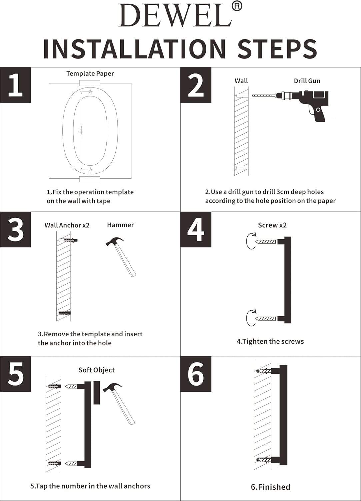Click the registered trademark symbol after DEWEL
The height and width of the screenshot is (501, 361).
pos(237,6)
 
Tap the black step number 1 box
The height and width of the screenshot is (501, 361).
pos(15,85)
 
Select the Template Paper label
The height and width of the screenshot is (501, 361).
pos(90,73)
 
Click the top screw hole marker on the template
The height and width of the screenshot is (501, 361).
pos(90,92)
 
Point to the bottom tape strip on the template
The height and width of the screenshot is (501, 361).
pos(90,179)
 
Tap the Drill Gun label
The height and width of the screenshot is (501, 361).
pos(307,81)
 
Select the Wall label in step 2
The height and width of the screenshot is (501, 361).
pos(241,81)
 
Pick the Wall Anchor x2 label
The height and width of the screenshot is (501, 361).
pos(67,225)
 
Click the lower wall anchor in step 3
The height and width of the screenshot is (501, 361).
pos(64,313)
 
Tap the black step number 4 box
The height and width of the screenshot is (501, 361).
pos(196,229)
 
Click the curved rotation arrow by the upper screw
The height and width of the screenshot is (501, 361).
pos(250,241)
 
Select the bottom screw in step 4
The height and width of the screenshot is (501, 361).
pos(266,319)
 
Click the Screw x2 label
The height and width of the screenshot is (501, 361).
pos(272,225)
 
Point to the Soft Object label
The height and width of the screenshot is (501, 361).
pos(96,370)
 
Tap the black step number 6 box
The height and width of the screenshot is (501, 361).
pos(196,374)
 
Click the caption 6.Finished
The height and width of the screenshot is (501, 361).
pos(270,487)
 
